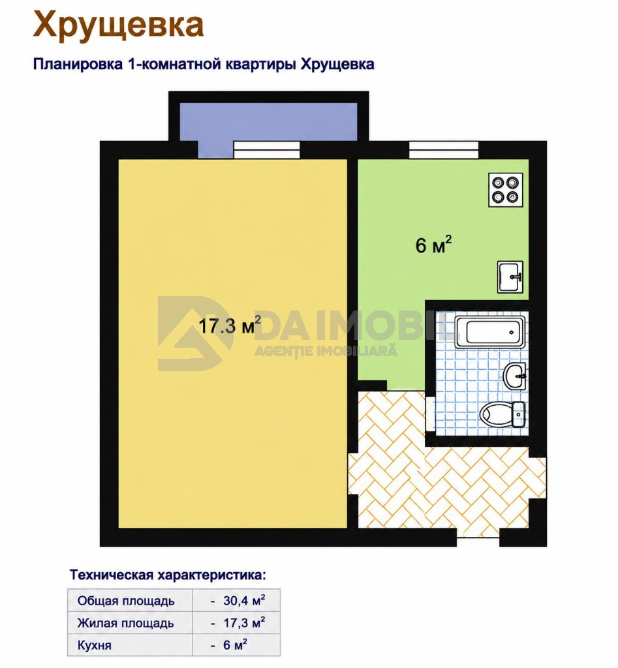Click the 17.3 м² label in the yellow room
[230, 326]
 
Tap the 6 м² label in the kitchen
[433, 245]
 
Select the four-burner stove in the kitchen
[506, 190]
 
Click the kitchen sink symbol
[510, 277]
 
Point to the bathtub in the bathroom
[490, 332]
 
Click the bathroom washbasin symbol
[515, 376]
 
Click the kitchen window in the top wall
[444, 149]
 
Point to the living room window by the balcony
[267, 150]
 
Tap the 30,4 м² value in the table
[244, 601]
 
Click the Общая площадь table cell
[130, 601]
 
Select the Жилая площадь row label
[126, 623]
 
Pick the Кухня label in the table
[94, 645]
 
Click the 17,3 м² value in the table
[244, 623]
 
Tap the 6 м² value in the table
[235, 645]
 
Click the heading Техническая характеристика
[168, 575]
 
